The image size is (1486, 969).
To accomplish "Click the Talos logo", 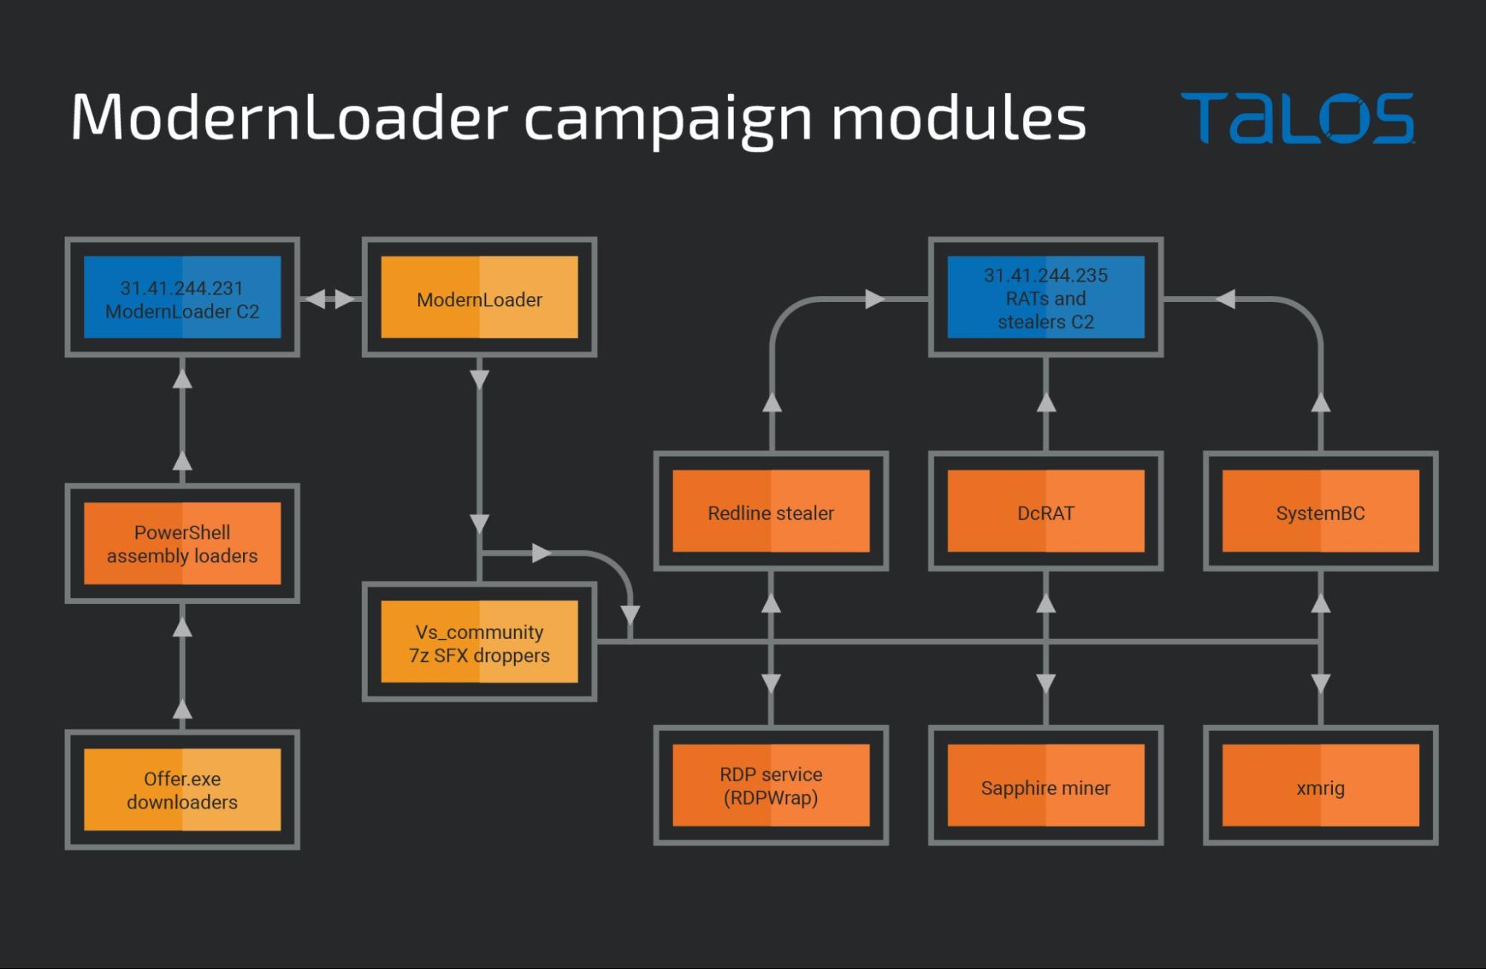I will (1297, 118).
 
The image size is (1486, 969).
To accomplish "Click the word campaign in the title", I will (668, 119).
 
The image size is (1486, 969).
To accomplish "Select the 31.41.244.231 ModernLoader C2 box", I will (182, 297).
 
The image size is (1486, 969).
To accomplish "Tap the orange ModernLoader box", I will (479, 297).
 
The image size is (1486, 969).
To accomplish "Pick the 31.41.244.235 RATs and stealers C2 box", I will (1046, 297).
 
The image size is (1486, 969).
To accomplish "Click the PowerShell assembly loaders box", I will (182, 544).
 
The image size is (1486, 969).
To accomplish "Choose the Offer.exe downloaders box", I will (182, 790).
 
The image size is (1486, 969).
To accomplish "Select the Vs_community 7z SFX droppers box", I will (479, 642).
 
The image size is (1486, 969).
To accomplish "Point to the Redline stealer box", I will (771, 512).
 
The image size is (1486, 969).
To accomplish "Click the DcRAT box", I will (1046, 512).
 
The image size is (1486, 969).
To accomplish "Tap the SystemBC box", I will (1320, 512).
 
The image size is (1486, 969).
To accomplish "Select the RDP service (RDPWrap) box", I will (771, 785).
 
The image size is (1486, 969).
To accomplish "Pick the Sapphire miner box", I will (1046, 786).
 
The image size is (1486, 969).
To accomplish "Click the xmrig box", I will (1320, 786).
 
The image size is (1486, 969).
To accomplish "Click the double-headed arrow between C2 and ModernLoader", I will (331, 299).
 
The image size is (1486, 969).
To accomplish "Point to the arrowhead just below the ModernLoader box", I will (479, 379).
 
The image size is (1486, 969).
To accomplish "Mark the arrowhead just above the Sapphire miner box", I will (1046, 683).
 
